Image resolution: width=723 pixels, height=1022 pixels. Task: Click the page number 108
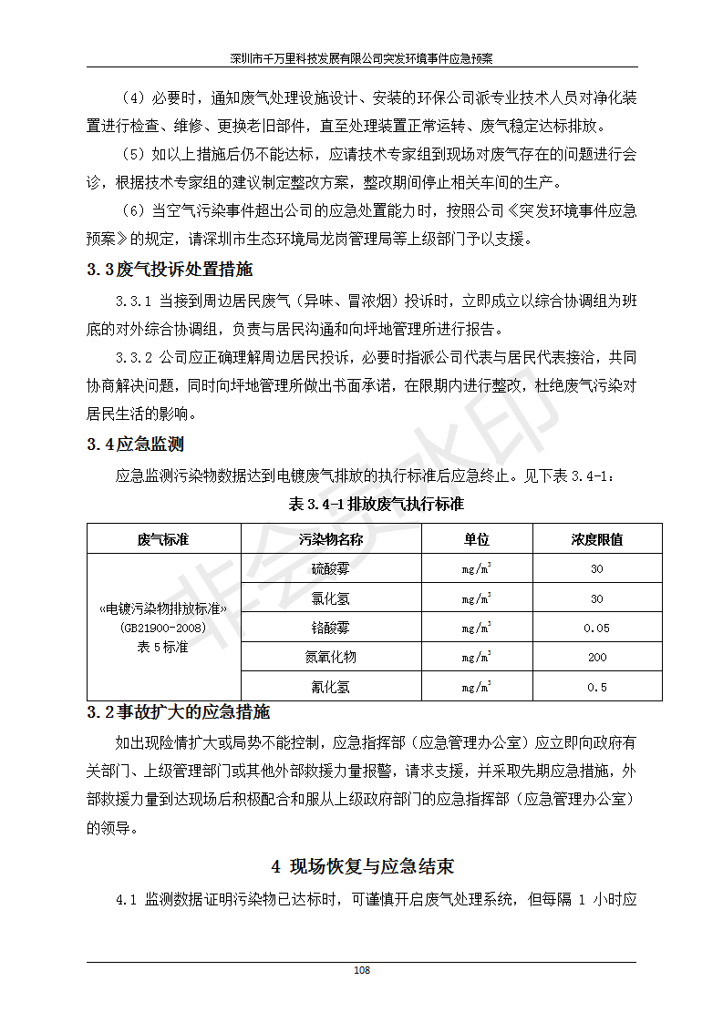[362, 970]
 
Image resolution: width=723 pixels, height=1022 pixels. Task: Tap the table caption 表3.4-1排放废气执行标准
[376, 505]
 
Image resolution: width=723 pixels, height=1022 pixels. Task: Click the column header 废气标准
[163, 539]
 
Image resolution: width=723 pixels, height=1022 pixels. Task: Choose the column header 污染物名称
[330, 539]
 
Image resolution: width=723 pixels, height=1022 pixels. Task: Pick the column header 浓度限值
[596, 539]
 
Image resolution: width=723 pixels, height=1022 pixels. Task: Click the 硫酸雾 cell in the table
[330, 569]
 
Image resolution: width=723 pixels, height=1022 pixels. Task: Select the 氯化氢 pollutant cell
[330, 598]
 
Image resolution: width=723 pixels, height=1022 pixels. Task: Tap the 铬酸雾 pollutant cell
[330, 628]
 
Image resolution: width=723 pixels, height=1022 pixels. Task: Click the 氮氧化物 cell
[330, 657]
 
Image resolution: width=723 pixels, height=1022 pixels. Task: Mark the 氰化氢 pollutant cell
[330, 687]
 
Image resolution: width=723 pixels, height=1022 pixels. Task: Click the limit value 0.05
[596, 628]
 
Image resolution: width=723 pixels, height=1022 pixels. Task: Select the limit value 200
[596, 657]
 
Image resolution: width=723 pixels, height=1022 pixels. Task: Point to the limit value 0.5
[596, 687]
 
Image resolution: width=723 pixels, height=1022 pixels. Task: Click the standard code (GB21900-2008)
[163, 628]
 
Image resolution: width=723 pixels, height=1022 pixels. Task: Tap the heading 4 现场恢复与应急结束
[362, 866]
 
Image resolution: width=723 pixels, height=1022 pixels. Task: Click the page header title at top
[362, 57]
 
